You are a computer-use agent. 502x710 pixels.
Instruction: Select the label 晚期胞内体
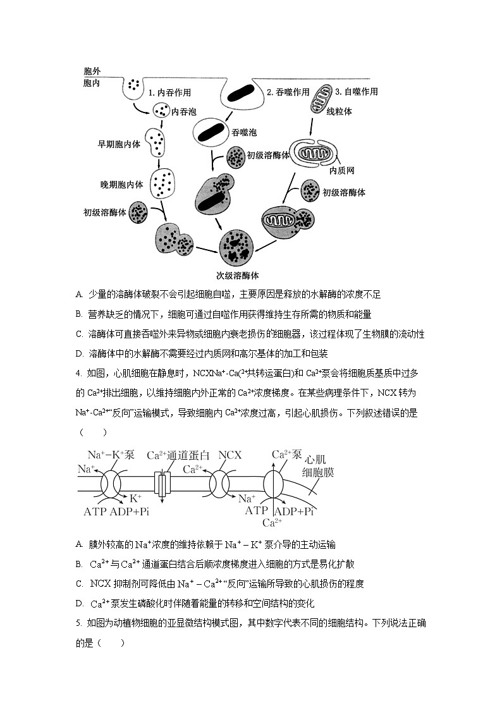(x=122, y=185)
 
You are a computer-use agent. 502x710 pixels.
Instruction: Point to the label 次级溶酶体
(x=237, y=276)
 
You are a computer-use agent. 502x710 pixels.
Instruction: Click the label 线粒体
(x=339, y=111)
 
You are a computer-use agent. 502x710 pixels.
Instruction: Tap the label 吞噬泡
(x=244, y=132)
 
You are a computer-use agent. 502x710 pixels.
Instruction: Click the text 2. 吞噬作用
(x=288, y=92)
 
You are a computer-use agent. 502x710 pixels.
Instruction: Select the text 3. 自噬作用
(x=357, y=92)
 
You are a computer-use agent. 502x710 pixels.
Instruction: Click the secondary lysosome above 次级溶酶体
(x=237, y=247)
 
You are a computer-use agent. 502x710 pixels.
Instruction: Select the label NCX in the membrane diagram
(x=230, y=455)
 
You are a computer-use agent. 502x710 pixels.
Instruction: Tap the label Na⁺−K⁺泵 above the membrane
(x=111, y=455)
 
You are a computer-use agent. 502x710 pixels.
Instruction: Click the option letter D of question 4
(x=79, y=603)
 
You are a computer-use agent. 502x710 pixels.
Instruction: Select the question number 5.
(x=78, y=623)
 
